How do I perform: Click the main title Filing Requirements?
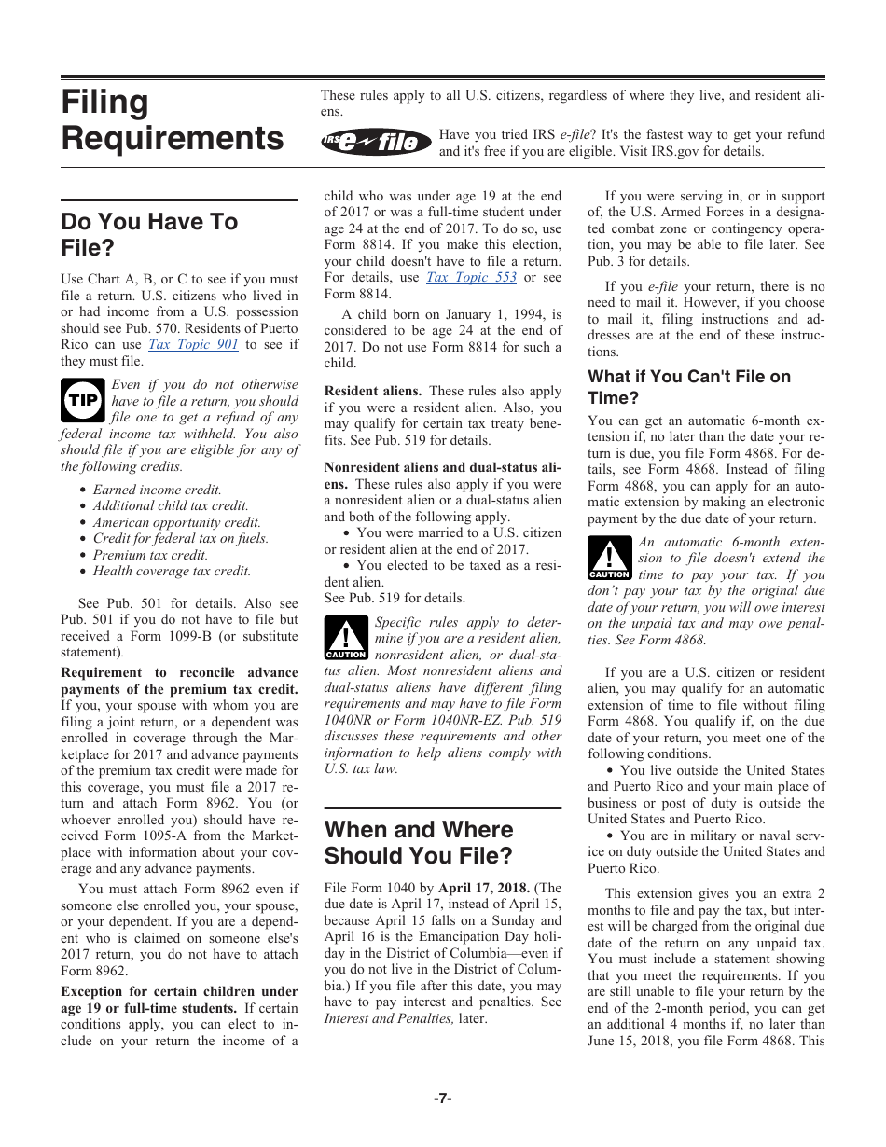(x=172, y=120)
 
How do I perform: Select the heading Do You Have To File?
(x=149, y=235)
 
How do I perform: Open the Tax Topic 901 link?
(x=194, y=345)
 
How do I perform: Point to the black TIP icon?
(x=81, y=401)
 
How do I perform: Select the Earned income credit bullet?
(x=157, y=490)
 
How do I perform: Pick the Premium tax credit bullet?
(x=150, y=555)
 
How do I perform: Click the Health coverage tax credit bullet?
(x=172, y=572)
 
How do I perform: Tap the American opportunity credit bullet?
(x=176, y=523)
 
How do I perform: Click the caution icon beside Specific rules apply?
(x=345, y=639)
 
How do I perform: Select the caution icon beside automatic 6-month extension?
(x=609, y=559)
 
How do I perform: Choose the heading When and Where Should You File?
(x=419, y=843)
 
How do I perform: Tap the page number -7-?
(x=442, y=1099)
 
